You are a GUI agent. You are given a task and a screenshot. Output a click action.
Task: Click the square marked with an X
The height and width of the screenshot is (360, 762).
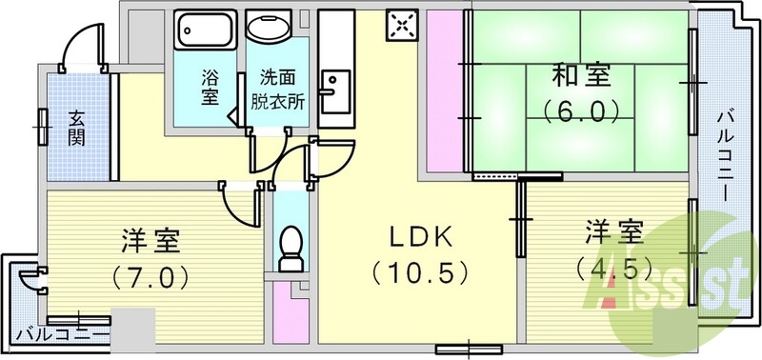pyautogui.click(x=401, y=26)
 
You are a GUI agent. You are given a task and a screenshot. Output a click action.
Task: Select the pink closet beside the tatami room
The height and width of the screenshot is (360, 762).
pyautogui.click(x=443, y=95)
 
